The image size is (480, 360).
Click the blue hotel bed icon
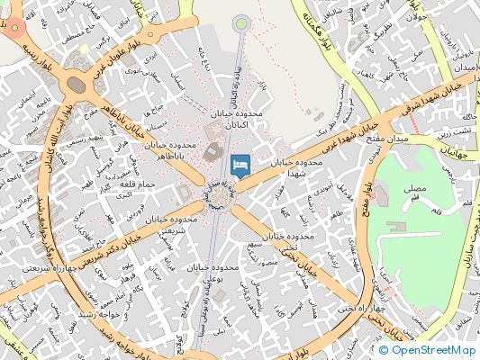click(240, 165)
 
